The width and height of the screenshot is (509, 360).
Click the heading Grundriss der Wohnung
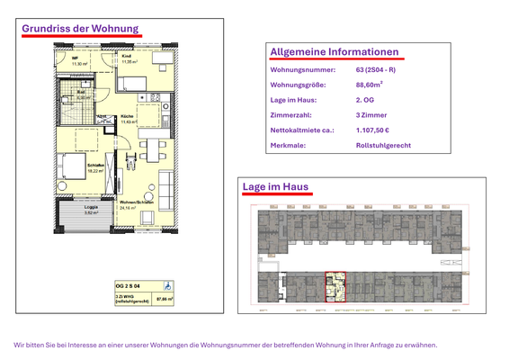tap(80, 28)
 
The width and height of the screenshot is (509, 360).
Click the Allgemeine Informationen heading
tap(334, 52)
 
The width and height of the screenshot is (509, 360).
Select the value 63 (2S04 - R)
tap(376, 69)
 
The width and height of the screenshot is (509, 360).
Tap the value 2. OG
tap(366, 101)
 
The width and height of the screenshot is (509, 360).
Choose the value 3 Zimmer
tap(371, 116)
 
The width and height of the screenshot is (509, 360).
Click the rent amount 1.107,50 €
tap(376, 130)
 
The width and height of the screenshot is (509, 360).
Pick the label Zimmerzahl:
tap(290, 116)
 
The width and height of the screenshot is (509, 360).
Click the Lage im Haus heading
tap(276, 186)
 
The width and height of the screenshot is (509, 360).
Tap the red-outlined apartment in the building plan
tap(335, 286)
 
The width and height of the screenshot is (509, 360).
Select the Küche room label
tap(127, 118)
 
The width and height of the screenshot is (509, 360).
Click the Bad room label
tap(81, 93)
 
